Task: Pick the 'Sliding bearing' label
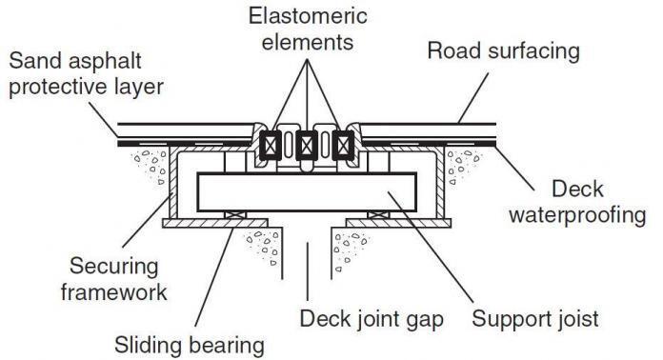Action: pyautogui.click(x=189, y=342)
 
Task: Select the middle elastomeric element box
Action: pyautogui.click(x=307, y=146)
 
